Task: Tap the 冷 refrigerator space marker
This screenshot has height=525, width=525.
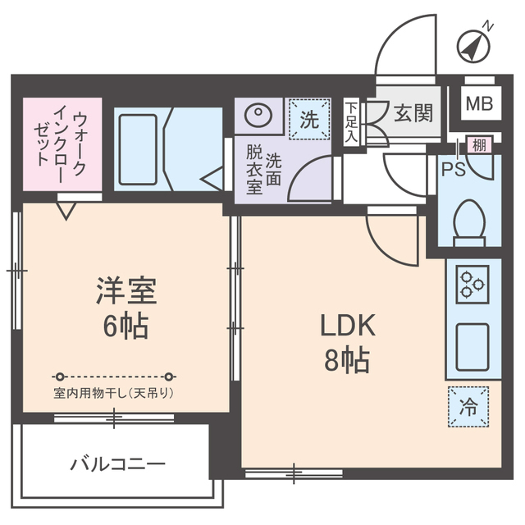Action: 469,405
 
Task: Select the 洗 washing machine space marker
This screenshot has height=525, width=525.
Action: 309,119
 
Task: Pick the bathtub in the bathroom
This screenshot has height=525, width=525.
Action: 139,149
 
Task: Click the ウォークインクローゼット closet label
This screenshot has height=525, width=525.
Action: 62,144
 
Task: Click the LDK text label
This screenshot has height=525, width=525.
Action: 347,326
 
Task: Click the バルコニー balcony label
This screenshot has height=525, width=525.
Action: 117,464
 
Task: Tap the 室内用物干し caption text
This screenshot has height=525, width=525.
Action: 113,392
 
